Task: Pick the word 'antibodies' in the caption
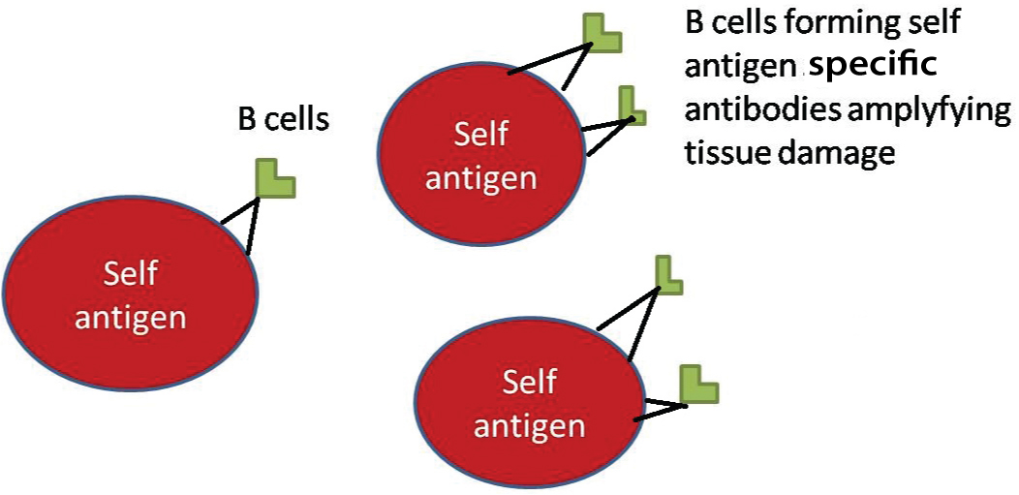[762, 109]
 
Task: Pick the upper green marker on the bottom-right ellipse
[668, 274]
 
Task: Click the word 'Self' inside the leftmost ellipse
[131, 274]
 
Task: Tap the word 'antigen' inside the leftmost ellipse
[131, 318]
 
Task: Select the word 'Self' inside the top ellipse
[481, 134]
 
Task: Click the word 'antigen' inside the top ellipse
[481, 177]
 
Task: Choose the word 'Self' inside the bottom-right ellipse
[530, 382]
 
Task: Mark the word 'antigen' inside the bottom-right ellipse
[530, 425]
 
